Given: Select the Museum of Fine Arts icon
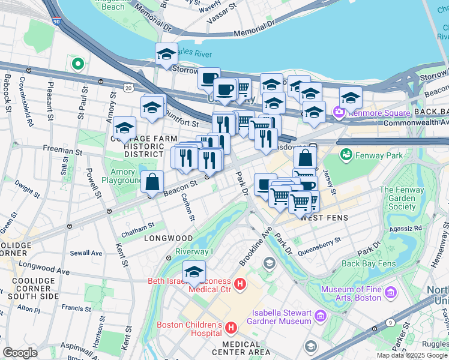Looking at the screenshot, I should click(391, 293).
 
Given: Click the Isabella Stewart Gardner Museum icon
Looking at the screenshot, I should click(320, 316).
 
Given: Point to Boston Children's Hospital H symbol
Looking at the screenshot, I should click(231, 328).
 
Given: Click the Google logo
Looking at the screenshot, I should click(20, 352).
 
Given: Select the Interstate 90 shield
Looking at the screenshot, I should click(56, 22).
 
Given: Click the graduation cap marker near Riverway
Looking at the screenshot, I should click(194, 273).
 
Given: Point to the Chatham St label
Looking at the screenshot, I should click(137, 225).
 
